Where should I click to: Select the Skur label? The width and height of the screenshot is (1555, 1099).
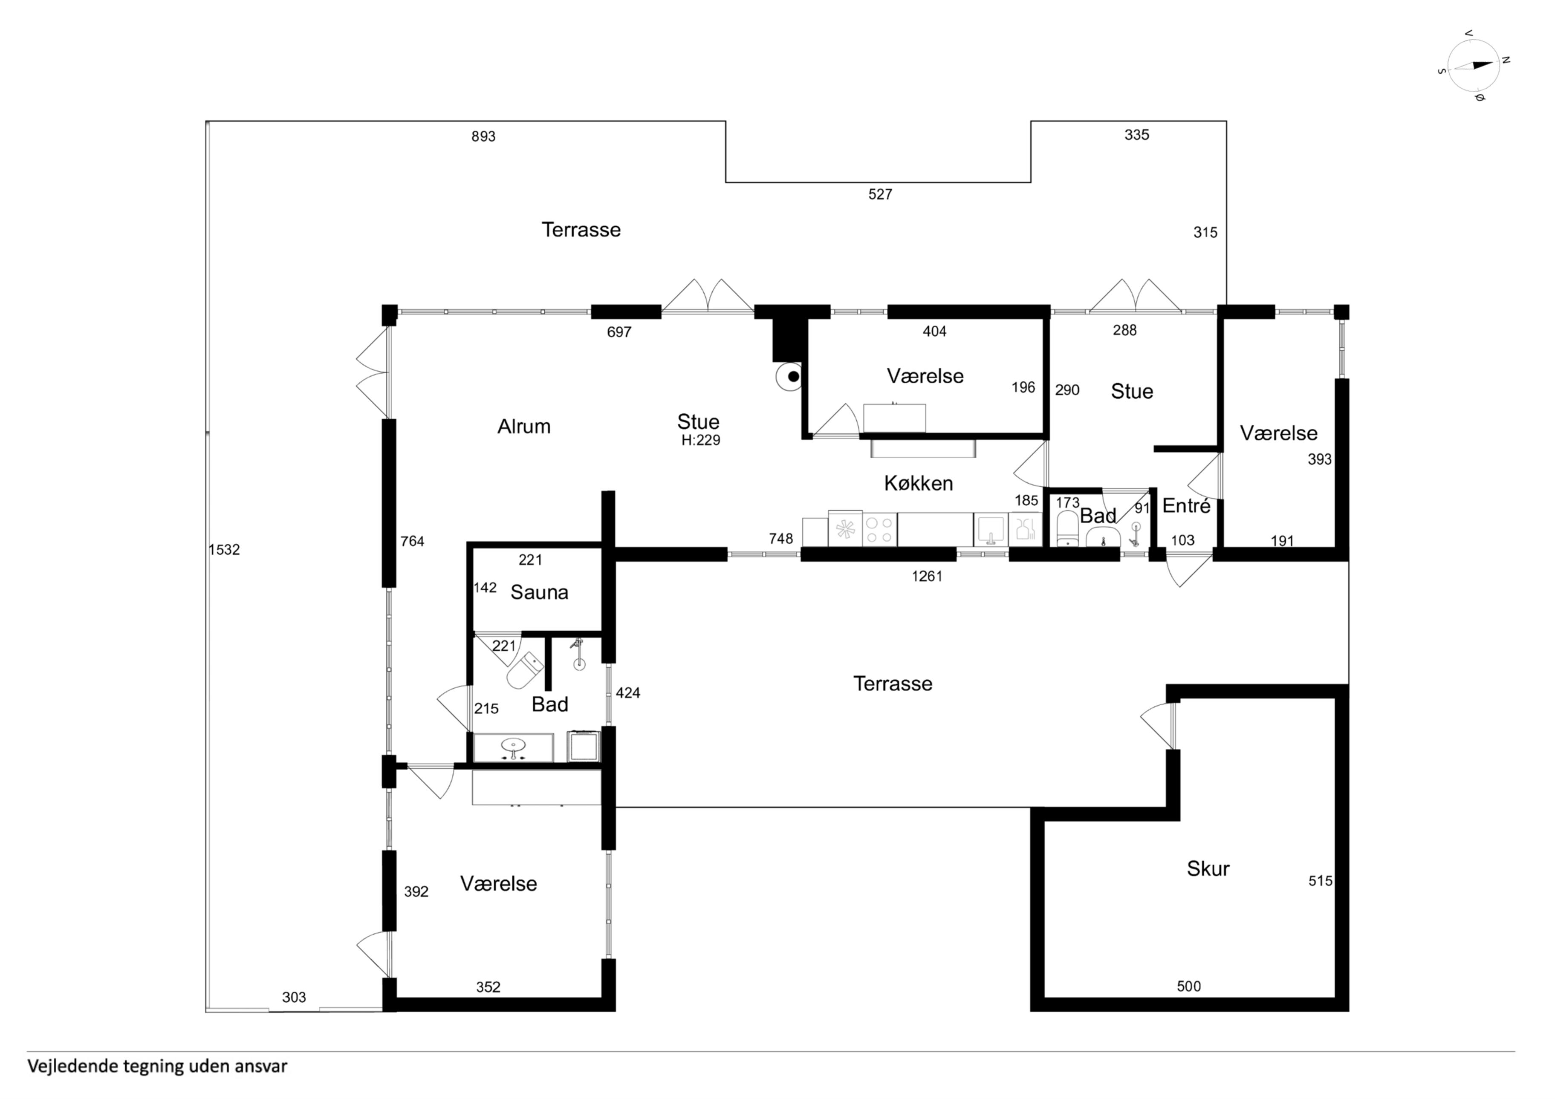1208,869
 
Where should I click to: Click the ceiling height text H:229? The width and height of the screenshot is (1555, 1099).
701,441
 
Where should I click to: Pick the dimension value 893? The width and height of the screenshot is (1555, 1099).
483,137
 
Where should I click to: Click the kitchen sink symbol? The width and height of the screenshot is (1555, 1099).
990,529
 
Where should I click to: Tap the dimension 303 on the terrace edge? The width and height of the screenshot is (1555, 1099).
294,998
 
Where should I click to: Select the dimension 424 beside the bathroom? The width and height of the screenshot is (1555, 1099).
628,693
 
